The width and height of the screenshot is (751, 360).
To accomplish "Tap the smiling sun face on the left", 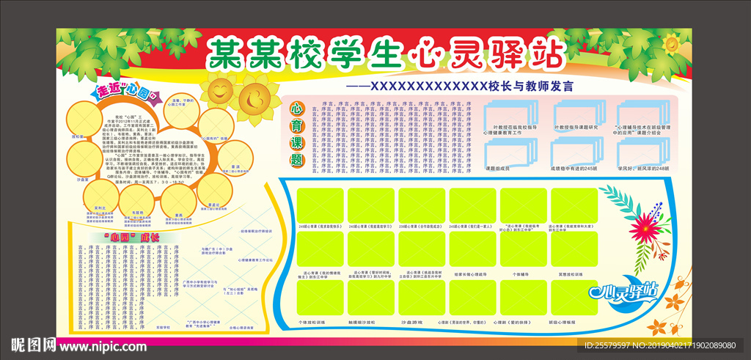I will pos(219,90).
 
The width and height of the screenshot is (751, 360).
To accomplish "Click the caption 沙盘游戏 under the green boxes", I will pos(417,322).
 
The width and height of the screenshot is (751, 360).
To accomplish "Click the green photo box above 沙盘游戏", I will pos(417,298).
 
